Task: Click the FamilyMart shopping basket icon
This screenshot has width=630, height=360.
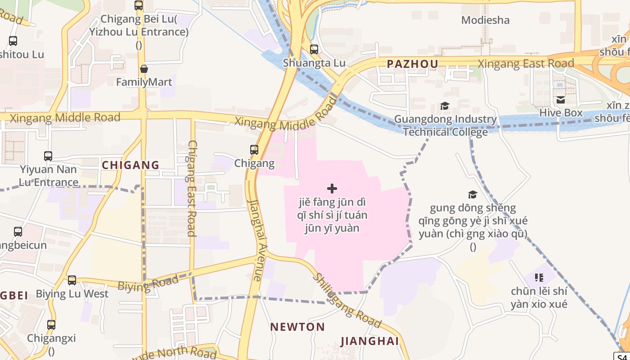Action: pos(144,69)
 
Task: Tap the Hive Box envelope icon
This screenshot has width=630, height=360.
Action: pos(561,100)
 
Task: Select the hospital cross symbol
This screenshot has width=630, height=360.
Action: pos(332,189)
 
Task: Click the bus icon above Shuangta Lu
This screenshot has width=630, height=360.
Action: pos(314,49)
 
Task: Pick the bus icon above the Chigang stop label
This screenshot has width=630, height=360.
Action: pos(254,150)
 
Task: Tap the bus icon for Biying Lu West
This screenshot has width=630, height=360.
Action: pos(72,280)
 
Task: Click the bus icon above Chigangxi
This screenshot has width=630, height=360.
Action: pos(51,324)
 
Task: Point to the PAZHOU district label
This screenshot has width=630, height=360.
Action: pos(413,64)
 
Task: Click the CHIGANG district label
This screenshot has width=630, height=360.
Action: pos(130,165)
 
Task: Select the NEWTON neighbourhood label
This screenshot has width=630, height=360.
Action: pos(297,327)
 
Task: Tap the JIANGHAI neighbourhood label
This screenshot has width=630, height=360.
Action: pos(369,341)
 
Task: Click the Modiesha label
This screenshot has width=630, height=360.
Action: pos(486,20)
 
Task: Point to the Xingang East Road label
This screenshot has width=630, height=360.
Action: pos(526,63)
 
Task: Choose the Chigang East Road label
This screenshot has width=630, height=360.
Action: pos(192,188)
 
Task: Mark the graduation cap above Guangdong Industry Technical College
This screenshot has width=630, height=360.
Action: pos(445,106)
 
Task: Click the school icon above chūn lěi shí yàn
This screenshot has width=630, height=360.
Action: pos(539,278)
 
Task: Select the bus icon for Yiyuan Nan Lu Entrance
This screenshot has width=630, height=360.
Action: pos(48,156)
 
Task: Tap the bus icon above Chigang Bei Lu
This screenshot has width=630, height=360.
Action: pos(139,5)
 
